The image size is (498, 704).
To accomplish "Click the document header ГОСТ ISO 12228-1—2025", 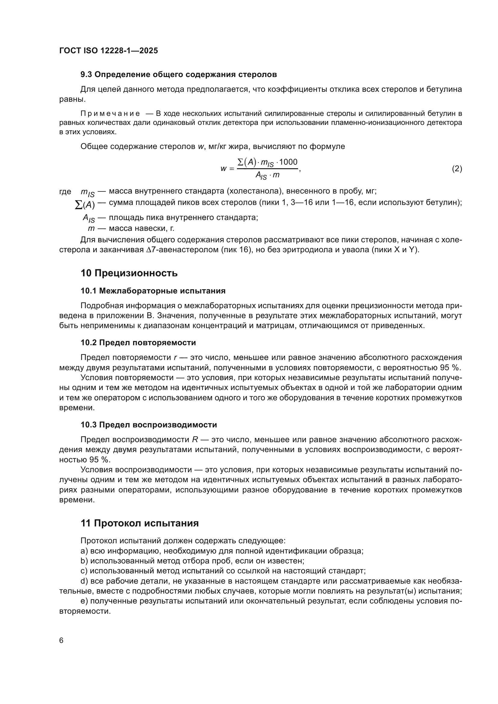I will tap(109, 51).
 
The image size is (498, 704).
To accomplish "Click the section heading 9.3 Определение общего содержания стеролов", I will tap(179, 75).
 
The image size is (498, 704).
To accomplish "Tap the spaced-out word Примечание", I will tap(110, 114).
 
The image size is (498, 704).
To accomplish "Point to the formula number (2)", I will tap(457, 169).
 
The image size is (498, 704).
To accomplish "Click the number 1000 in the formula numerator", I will tap(288, 162).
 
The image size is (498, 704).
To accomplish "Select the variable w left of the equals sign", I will tap(223, 169).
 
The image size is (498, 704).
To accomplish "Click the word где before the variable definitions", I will tap(65, 192).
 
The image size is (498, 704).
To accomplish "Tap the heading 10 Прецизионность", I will tap(129, 273).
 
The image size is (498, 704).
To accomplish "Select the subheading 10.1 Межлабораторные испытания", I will tap(153, 291).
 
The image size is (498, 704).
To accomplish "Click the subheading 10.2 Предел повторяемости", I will tap(138, 343).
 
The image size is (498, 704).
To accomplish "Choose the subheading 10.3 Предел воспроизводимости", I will tap(149, 425).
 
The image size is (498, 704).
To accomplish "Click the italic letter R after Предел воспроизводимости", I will tap(195, 439).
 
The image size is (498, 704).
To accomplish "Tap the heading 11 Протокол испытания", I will tap(139, 523).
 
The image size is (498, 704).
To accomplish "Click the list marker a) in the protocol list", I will tap(84, 551).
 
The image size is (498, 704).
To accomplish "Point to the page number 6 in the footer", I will tap(61, 640).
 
